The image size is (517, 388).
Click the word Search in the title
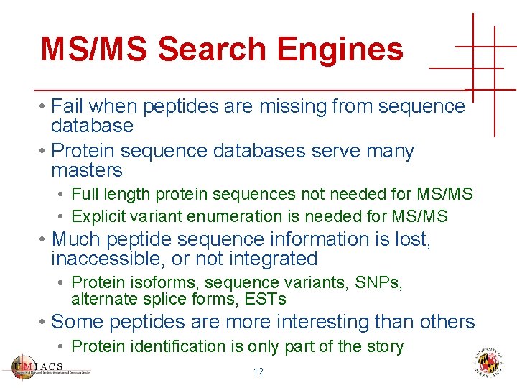coord(211,49)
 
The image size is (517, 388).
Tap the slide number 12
coord(258,371)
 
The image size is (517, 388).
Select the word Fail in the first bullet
coord(67,106)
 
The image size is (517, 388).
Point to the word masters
coord(87,170)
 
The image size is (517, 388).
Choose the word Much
coord(75,239)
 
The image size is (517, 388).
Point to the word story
coord(385,346)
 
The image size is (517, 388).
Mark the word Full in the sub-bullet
coord(85,194)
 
